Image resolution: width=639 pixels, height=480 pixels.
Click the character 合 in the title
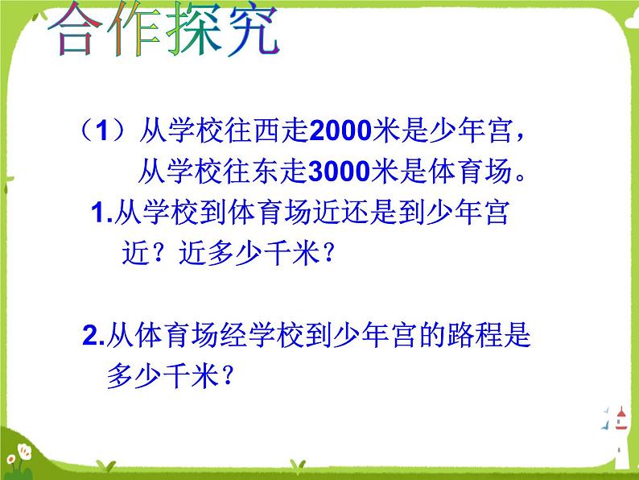75,28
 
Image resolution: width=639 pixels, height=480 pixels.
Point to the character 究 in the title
254,29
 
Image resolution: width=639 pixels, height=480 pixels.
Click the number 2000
340,131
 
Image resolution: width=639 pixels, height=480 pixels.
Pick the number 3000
340,172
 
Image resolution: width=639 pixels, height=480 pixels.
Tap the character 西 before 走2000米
267,131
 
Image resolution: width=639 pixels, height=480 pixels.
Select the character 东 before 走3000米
266,172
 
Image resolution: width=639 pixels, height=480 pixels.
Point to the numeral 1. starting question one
102,213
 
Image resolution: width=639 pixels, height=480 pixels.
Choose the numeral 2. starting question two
93,336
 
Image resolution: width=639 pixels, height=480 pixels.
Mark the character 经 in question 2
233,335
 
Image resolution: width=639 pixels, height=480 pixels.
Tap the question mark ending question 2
229,375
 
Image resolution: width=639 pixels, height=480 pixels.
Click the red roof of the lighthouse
621,413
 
